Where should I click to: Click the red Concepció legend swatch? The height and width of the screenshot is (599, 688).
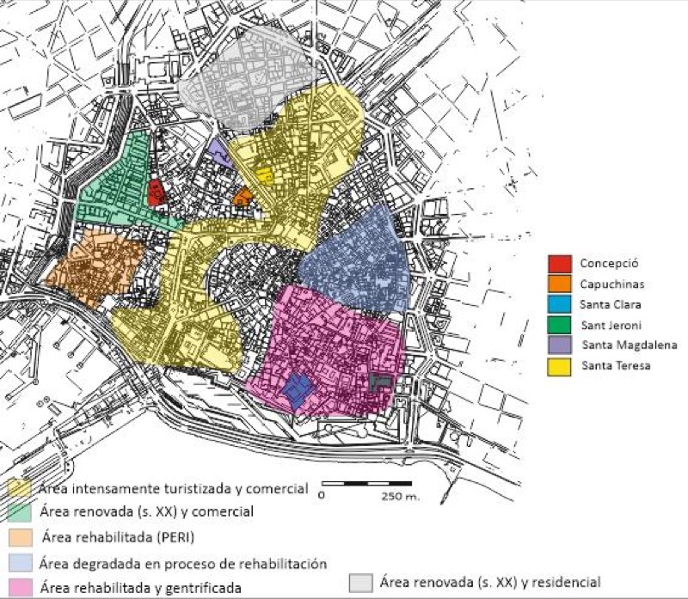click(x=559, y=263)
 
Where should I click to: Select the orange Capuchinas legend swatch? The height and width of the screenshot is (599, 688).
click(x=559, y=284)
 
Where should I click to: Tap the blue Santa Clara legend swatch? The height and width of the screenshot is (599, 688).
click(x=559, y=304)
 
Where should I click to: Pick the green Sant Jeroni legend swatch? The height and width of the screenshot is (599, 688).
click(x=559, y=325)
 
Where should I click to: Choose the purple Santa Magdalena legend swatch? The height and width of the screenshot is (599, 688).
click(x=559, y=345)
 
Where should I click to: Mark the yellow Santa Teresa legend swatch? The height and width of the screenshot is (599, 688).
click(x=559, y=366)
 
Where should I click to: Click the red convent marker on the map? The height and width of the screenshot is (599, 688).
click(x=157, y=193)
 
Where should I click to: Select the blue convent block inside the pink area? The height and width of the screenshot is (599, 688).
click(x=296, y=390)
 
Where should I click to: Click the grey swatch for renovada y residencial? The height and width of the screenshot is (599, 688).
click(x=363, y=582)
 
